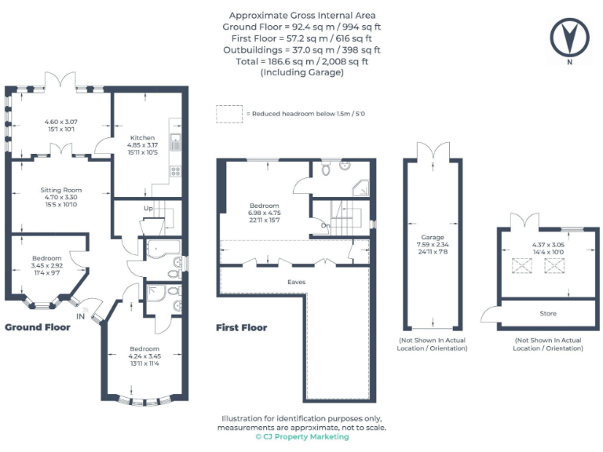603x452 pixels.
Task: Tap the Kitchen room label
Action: (x=142, y=137)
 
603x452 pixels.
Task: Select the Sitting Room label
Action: (x=61, y=190)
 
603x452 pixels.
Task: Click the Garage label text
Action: (x=433, y=237)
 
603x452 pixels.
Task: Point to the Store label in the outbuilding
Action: (x=548, y=313)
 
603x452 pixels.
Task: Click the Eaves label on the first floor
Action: (x=296, y=281)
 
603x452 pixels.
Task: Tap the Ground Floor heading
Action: (x=38, y=327)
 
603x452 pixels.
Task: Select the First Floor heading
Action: (x=241, y=328)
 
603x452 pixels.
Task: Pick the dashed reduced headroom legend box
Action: (x=228, y=114)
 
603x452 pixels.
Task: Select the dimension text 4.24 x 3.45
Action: (x=144, y=355)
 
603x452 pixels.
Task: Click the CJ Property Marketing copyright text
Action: (x=301, y=437)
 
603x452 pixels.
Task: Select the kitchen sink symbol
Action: (x=177, y=142)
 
